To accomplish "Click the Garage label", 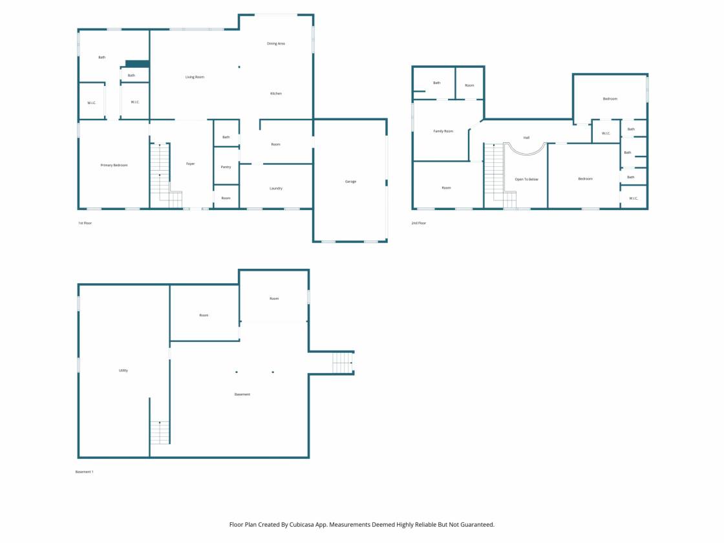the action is point(350,182).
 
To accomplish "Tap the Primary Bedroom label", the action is point(114,165).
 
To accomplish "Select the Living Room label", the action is point(195,77).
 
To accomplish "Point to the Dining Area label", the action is point(275,43).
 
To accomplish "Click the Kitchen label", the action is point(275,93).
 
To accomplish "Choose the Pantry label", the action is point(226,167).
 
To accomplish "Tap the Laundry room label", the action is point(275,188).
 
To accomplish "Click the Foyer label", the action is point(190,164).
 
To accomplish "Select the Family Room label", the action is point(443,131).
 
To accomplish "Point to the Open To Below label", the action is point(526,179).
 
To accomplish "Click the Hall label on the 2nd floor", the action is point(526,138).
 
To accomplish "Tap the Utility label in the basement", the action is point(123,370).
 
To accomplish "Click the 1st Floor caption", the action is point(85,223).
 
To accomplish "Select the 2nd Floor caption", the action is point(419,223).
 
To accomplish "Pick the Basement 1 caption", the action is point(85,472).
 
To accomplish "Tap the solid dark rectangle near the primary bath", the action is point(138,64).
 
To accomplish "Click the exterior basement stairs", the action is point(343,363).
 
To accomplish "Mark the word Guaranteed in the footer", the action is point(478,524).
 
